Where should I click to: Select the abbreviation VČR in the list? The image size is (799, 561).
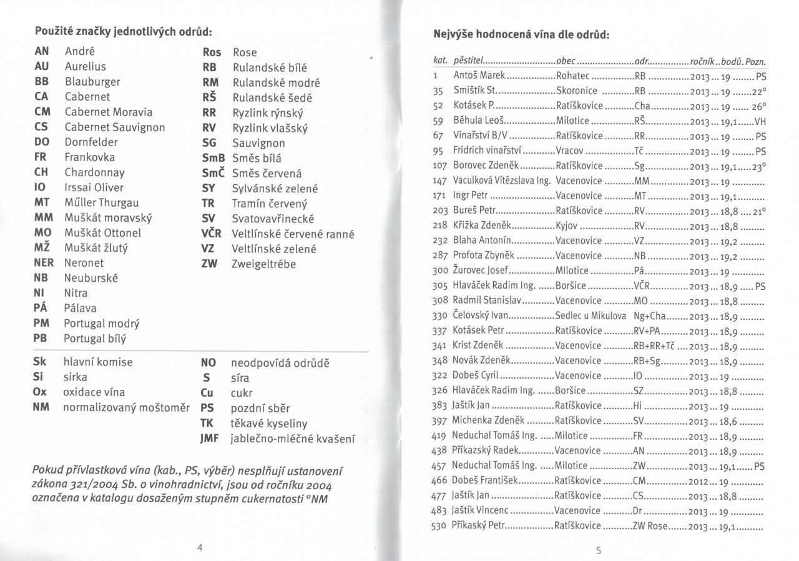(212, 234)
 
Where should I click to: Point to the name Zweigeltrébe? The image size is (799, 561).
(263, 264)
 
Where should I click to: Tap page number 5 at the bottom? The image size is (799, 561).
(598, 550)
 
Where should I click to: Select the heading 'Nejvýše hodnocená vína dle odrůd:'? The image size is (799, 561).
(521, 35)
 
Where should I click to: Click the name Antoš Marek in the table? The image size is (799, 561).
(478, 77)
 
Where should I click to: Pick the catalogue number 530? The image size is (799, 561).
(441, 526)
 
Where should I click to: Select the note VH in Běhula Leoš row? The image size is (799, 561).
(759, 122)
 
